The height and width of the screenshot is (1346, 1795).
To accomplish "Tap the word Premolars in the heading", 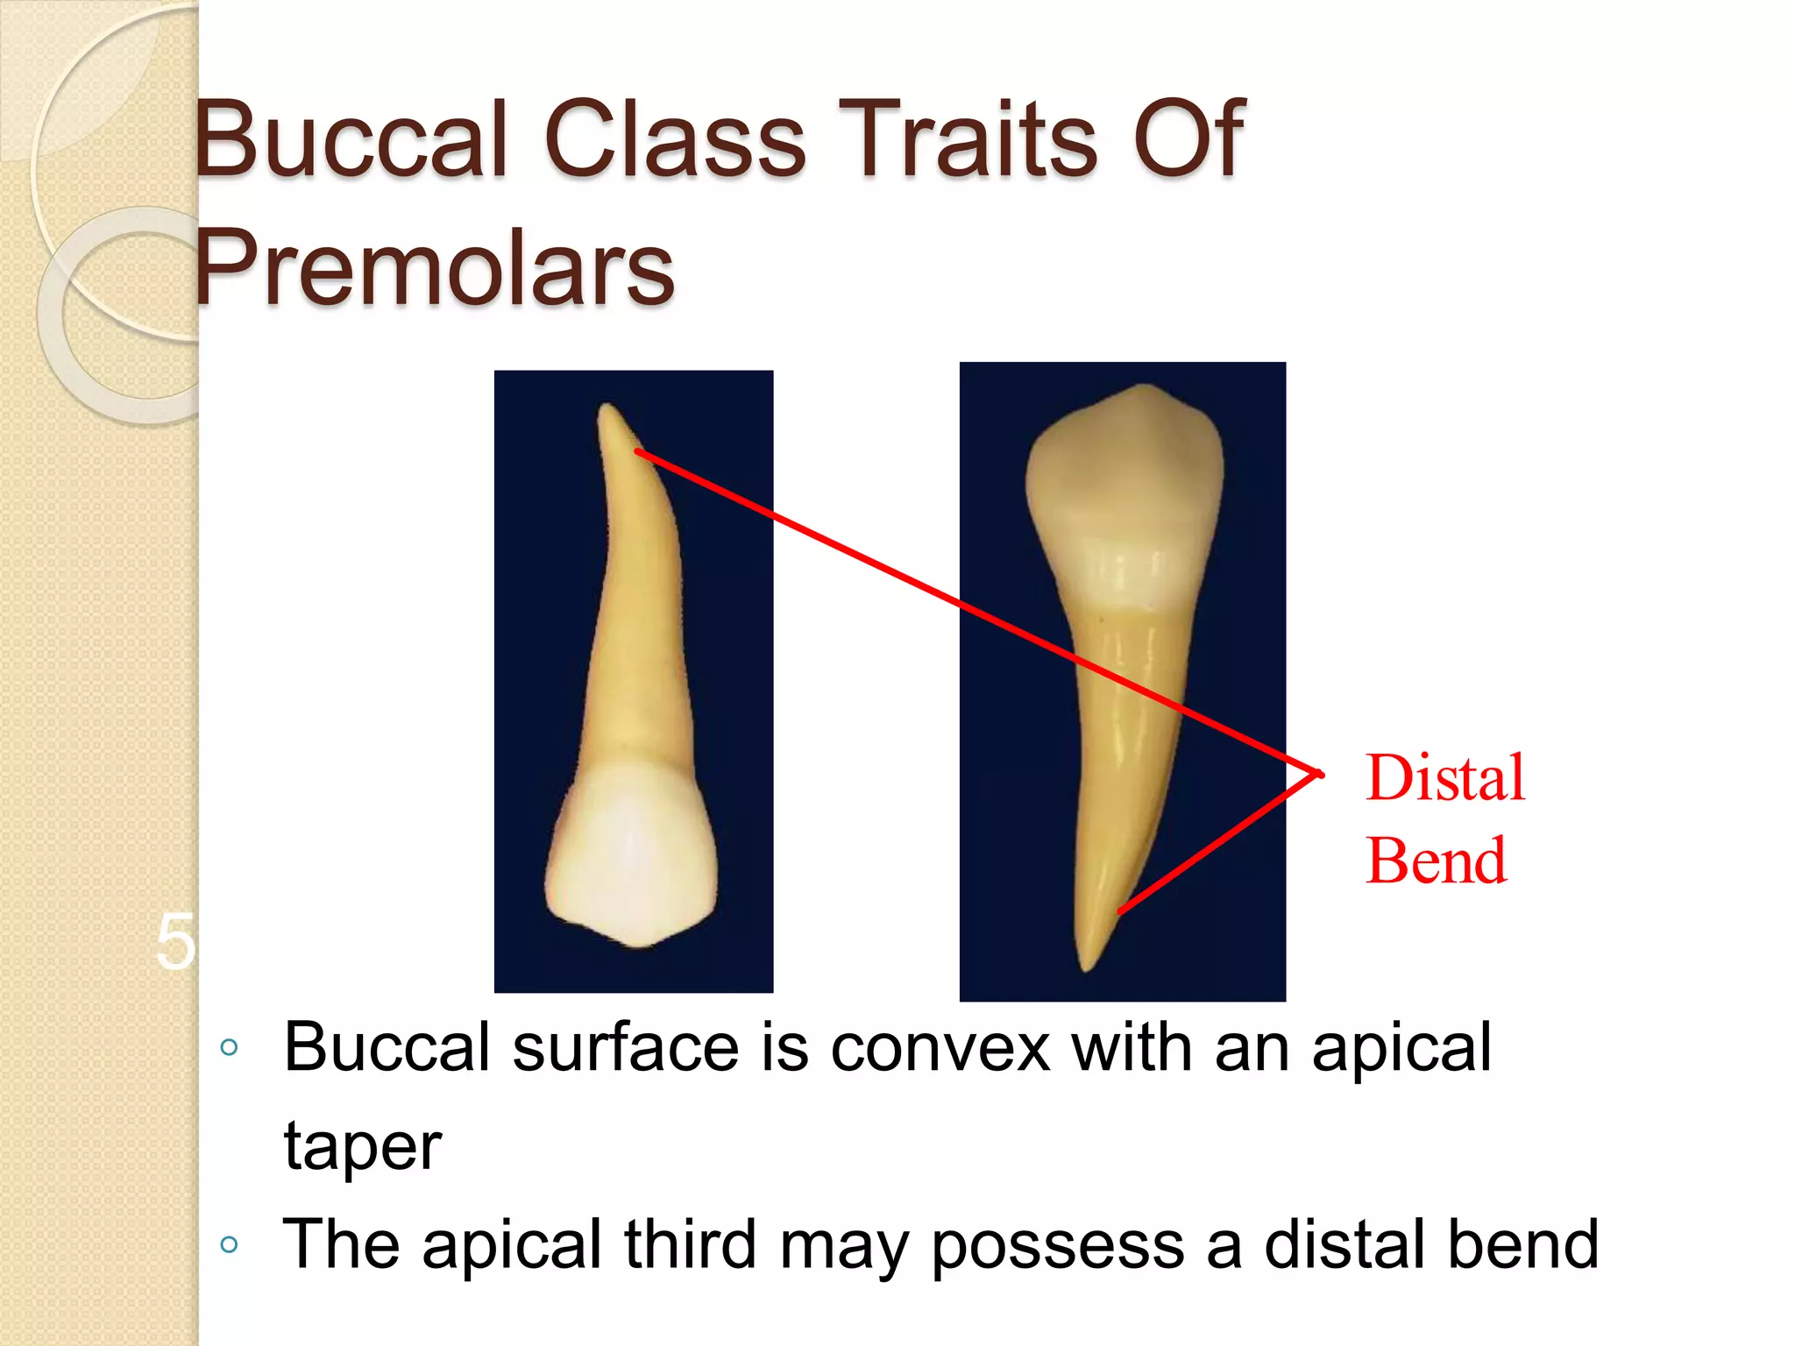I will click(x=434, y=267).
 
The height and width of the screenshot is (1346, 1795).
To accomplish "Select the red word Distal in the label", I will click(x=1444, y=778).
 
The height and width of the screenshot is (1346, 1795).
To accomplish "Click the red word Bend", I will click(x=1436, y=861).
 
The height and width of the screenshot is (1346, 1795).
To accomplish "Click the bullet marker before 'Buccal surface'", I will click(x=230, y=1047).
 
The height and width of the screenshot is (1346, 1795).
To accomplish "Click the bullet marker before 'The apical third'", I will click(x=230, y=1244).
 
